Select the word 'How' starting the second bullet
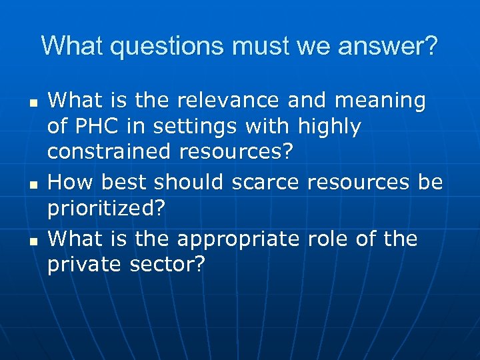(68, 183)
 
